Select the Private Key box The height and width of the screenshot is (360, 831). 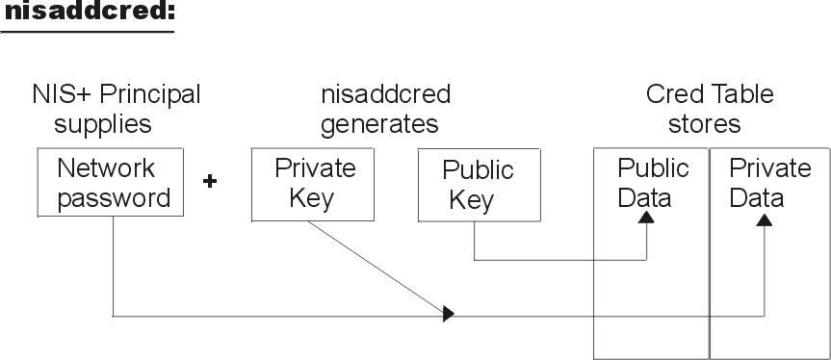(x=315, y=183)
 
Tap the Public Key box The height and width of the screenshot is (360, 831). (x=478, y=185)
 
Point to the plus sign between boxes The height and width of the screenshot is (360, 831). (x=209, y=181)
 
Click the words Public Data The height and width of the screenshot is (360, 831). (x=653, y=183)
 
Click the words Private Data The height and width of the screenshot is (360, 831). (x=768, y=183)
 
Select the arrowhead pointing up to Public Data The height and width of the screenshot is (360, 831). (x=647, y=219)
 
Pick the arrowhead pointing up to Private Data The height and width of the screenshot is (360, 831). (x=764, y=219)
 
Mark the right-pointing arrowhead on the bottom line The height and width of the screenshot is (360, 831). (x=448, y=314)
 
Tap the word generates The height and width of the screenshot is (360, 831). (x=379, y=124)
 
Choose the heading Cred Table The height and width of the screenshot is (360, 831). (x=710, y=95)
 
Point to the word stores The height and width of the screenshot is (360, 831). (x=707, y=124)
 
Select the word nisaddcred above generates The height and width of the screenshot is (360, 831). (x=385, y=95)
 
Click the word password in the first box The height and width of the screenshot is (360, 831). (x=114, y=197)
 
